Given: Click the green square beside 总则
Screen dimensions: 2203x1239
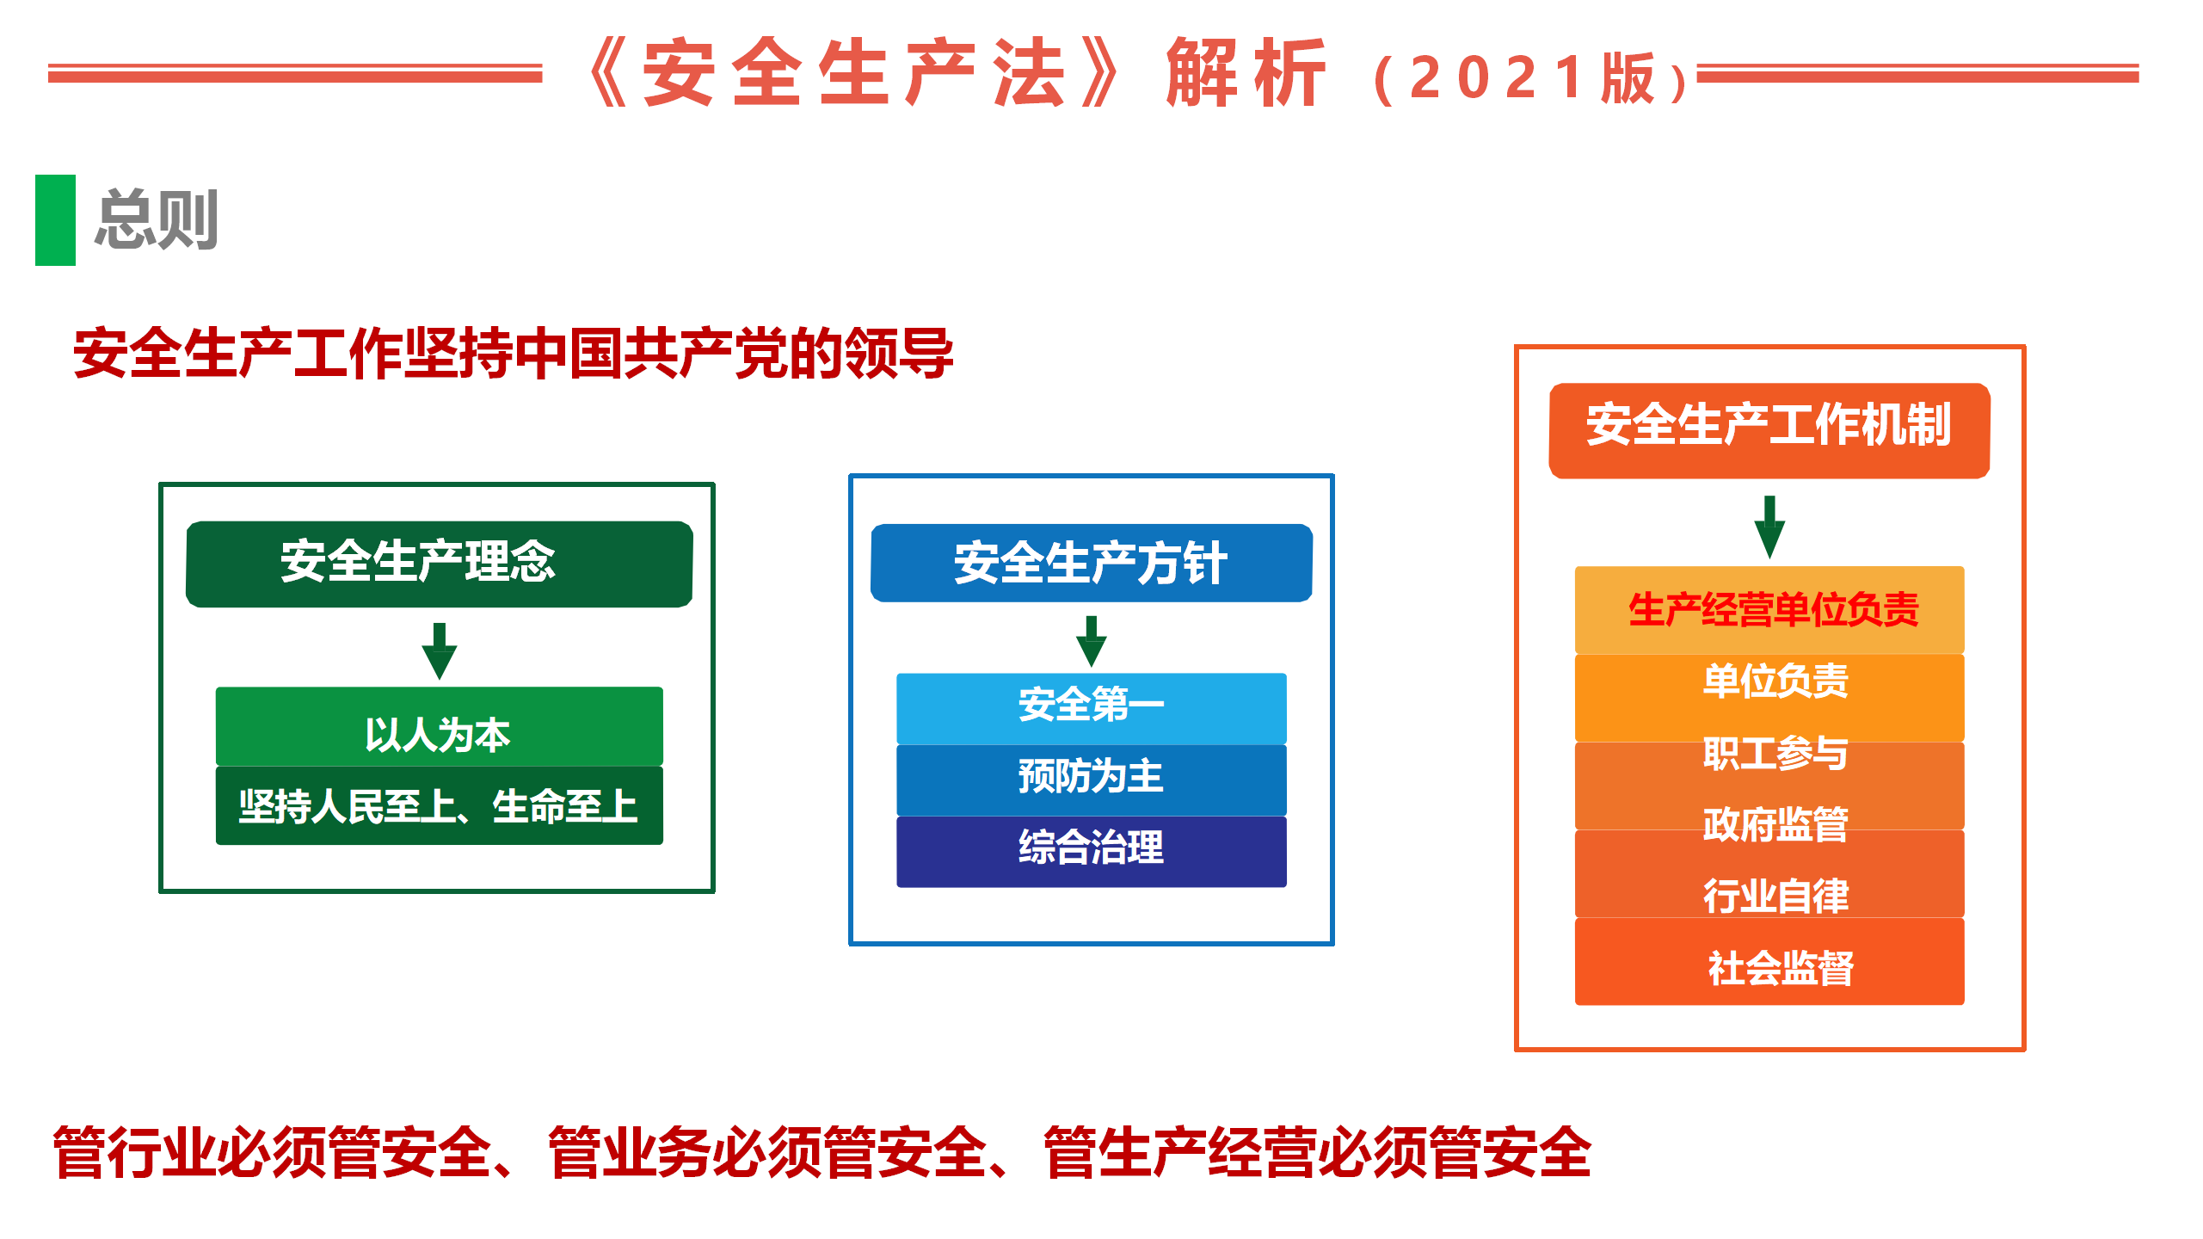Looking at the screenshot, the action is tap(55, 220).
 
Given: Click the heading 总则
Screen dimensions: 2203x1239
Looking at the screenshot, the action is tap(157, 220).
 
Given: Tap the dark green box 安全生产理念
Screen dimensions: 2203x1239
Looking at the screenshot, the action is tap(440, 564).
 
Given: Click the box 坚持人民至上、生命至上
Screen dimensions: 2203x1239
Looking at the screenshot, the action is tap(440, 805).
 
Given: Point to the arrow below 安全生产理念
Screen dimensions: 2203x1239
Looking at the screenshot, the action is tap(440, 651).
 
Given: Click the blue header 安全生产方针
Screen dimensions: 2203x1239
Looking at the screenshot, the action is tap(1092, 563).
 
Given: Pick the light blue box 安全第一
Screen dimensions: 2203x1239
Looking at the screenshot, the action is tap(1092, 708).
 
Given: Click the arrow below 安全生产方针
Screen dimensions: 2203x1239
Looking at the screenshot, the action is tap(1092, 641).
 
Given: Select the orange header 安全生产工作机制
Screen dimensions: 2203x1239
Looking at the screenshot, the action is tap(1769, 430).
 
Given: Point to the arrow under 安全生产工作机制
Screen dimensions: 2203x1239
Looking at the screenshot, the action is tap(1769, 527).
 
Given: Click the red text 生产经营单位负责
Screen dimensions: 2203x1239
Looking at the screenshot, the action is tap(1774, 610).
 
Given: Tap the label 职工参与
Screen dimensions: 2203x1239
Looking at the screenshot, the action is tap(1775, 753).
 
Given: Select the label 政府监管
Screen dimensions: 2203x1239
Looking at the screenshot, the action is tap(1775, 824).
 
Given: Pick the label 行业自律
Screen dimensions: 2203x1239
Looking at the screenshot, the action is tap(1775, 896).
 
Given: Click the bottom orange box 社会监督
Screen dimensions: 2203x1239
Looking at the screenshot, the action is tap(1769, 961).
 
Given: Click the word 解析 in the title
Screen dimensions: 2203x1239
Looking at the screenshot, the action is tap(1246, 74).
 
